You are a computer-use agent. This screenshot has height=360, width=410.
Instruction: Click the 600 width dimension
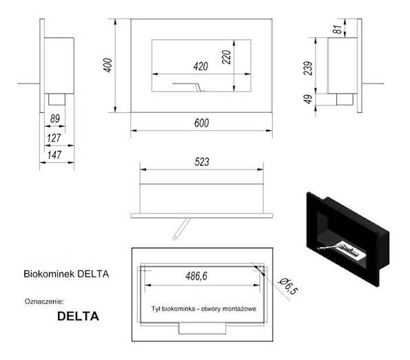[202, 122]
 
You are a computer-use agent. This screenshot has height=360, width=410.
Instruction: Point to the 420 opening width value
[199, 67]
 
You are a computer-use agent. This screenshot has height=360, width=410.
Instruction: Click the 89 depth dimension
[54, 118]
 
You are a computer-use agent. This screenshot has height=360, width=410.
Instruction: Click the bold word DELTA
[78, 317]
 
